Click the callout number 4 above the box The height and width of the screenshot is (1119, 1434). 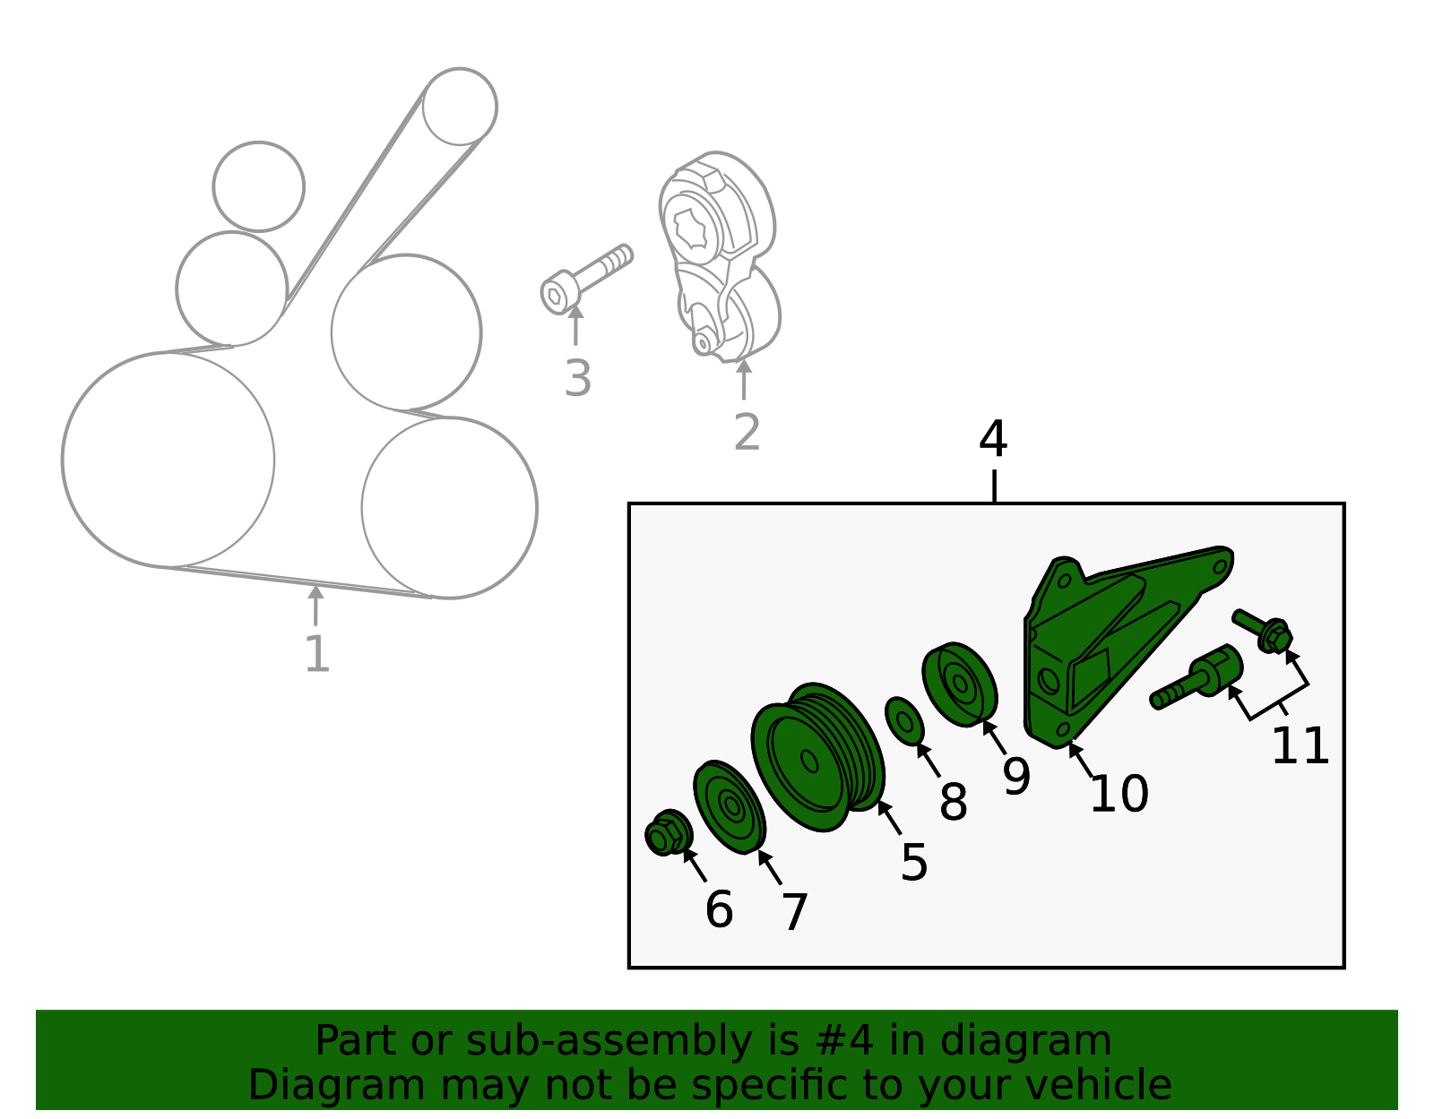coord(992,439)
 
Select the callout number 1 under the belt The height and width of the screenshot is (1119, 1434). coord(316,654)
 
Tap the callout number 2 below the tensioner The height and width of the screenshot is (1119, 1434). coord(747,433)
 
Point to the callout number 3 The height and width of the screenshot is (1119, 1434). coord(577,379)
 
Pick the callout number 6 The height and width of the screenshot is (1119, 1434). coord(719,910)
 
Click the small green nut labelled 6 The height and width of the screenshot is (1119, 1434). coord(669,833)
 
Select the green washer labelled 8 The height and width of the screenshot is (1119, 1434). coord(904,720)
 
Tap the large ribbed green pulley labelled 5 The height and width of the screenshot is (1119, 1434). coord(817,757)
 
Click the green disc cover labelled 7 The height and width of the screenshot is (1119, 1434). coord(730,806)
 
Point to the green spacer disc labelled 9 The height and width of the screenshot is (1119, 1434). coord(959,684)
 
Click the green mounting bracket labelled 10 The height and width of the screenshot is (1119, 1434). coord(1122,646)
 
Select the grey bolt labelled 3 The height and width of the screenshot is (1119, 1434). coord(586,279)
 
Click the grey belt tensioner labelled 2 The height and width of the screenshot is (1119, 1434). coord(720,257)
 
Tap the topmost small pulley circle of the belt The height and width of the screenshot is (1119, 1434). coord(459,106)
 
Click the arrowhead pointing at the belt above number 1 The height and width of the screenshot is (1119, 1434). coord(315,591)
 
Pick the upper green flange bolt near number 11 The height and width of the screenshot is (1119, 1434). coord(1263,631)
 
